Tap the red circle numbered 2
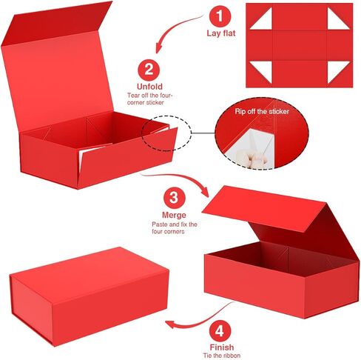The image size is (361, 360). tap(149, 70)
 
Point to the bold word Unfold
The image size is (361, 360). tap(149, 86)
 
